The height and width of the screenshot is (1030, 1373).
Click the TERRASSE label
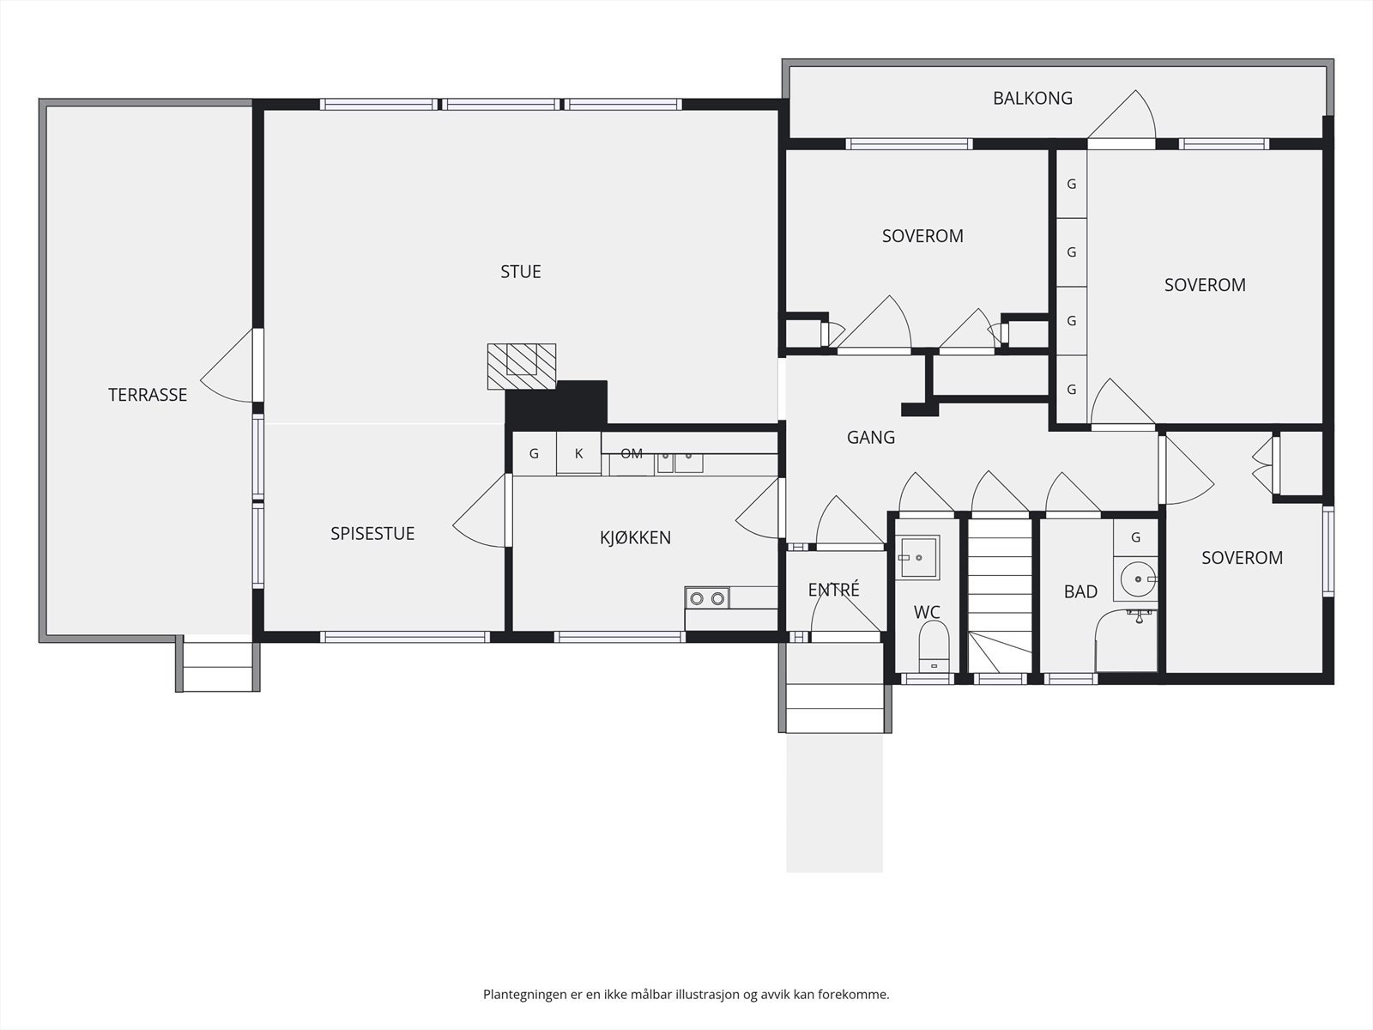click(x=148, y=395)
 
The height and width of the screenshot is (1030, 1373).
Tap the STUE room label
click(x=520, y=271)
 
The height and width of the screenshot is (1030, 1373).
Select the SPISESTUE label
click(x=372, y=533)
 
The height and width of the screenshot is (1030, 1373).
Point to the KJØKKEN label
click(x=635, y=537)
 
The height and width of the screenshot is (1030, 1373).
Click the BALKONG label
click(x=1032, y=98)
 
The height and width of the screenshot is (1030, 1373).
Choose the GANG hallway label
click(x=871, y=437)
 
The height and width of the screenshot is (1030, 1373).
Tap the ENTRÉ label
click(x=834, y=589)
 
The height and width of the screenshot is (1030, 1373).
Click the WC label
click(x=927, y=612)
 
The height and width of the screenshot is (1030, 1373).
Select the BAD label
click(x=1081, y=591)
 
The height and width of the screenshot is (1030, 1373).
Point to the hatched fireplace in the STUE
click(x=522, y=367)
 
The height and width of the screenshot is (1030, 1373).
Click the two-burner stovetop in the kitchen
click(x=707, y=598)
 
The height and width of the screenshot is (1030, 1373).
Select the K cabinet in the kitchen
click(x=578, y=453)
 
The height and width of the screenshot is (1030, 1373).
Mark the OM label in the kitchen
click(x=632, y=454)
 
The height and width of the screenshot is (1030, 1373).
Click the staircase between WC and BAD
click(x=1000, y=596)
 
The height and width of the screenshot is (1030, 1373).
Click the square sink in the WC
click(x=917, y=556)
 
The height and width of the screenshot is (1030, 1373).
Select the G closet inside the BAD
click(x=1135, y=537)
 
